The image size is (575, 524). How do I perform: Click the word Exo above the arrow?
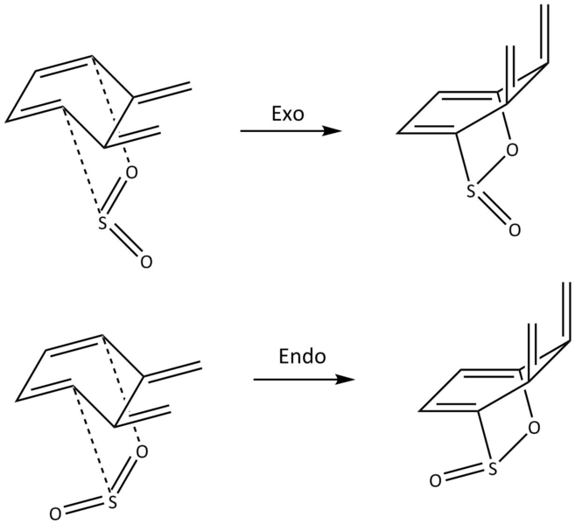coord(288,114)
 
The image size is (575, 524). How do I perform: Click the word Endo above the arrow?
coord(302,357)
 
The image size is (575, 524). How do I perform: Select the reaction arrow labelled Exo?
coord(291,131)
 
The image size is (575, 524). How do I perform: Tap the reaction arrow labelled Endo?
coord(305,380)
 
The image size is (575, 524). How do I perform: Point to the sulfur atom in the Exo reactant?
coord(103,224)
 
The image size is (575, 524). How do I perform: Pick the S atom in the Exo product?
coord(471,191)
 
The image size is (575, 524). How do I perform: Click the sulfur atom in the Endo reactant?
coord(113,502)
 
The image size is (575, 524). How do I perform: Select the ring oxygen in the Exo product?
coord(512,150)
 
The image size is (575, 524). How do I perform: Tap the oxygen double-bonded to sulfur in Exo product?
coord(514,230)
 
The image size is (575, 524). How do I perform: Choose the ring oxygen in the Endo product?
coord(534,428)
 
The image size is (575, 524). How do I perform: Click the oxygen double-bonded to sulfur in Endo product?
coord(435,481)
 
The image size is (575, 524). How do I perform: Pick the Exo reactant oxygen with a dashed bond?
coord(131,172)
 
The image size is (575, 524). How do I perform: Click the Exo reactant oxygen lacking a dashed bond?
coord(145,262)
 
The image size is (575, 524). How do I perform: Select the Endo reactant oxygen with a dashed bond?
coord(142,451)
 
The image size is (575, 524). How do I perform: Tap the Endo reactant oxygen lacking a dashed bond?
coord(55,514)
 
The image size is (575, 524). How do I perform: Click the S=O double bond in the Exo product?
coord(494,212)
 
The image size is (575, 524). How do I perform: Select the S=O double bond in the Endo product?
coord(464,474)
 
